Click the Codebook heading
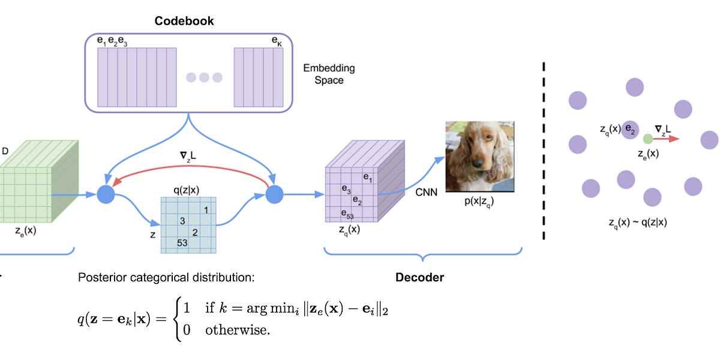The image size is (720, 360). point(184,21)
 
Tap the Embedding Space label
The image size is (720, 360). point(329,74)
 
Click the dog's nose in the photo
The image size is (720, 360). point(479,163)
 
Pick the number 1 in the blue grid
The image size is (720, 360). point(206,210)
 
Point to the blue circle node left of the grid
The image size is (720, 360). point(106,194)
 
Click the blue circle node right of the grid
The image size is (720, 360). point(274,194)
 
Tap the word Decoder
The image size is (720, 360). point(419,277)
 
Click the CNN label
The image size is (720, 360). point(427,193)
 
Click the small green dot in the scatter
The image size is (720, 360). point(648,139)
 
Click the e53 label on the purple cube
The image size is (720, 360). point(347,214)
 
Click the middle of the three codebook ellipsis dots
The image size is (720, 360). point(204,77)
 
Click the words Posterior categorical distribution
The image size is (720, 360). point(166,278)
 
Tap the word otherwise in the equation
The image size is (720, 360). point(237,329)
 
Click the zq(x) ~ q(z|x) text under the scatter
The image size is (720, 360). point(637,221)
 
